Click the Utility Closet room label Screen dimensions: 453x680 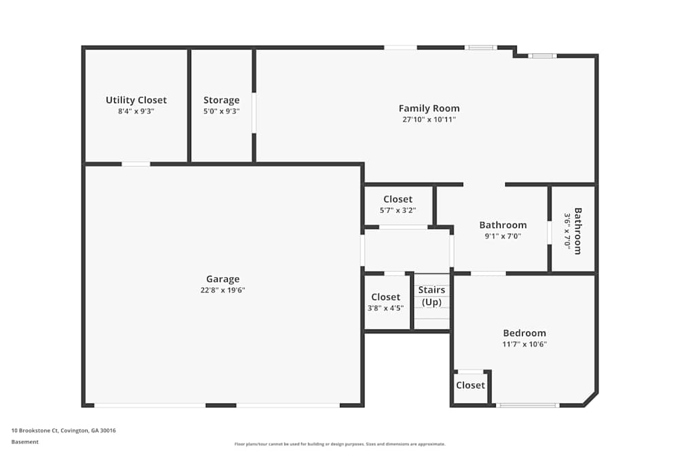point(136,100)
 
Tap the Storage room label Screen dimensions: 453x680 point(222,100)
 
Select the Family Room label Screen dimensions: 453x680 point(429,108)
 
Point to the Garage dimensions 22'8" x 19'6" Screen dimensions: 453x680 point(223,290)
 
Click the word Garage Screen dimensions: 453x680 point(223,278)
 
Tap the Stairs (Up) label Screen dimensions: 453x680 point(432,296)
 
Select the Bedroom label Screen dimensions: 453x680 point(524,333)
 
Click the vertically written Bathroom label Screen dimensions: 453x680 point(577,231)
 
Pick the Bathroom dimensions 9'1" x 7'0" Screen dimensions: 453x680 point(503,236)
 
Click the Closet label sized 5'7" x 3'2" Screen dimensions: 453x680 point(398,199)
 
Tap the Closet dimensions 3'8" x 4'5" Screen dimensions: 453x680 point(386,308)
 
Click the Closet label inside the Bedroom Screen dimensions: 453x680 point(471,385)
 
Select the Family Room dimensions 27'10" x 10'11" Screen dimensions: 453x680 point(429,120)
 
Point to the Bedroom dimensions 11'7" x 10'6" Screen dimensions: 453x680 point(524,344)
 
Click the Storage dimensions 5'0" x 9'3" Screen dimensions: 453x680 point(222,111)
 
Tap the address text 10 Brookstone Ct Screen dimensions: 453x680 point(63,430)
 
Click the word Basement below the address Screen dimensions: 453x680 point(25,442)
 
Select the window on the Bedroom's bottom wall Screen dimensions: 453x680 point(528,405)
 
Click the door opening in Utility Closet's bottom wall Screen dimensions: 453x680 point(136,164)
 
